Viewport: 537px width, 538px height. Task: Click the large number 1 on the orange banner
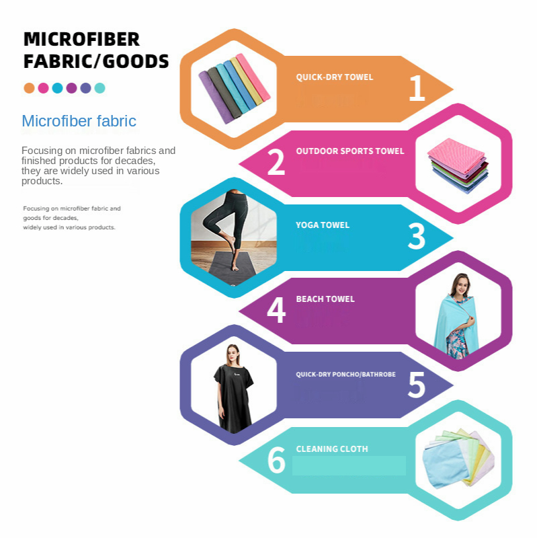click(x=417, y=89)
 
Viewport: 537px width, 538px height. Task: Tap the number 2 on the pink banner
click(x=276, y=163)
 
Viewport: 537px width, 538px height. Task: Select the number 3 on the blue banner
click(x=417, y=237)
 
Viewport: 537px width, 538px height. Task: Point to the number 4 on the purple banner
click(x=276, y=311)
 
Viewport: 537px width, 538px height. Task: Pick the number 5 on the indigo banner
click(x=417, y=385)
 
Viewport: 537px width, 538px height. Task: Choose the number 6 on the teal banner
click(x=276, y=461)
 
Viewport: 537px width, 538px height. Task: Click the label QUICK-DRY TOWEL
click(x=334, y=77)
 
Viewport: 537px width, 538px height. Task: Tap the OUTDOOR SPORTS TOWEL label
click(x=350, y=151)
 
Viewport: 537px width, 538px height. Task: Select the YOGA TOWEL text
click(x=323, y=225)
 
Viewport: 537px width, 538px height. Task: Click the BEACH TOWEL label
click(x=325, y=299)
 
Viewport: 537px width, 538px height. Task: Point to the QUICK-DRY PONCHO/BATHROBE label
click(x=345, y=374)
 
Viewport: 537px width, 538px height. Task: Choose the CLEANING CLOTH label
click(x=332, y=449)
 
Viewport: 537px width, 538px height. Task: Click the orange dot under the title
click(x=29, y=88)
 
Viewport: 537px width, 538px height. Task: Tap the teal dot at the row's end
click(x=99, y=88)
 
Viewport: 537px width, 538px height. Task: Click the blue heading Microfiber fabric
click(x=79, y=122)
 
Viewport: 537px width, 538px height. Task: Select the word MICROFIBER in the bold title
click(x=81, y=39)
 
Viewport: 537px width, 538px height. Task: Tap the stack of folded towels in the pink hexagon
click(x=458, y=165)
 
